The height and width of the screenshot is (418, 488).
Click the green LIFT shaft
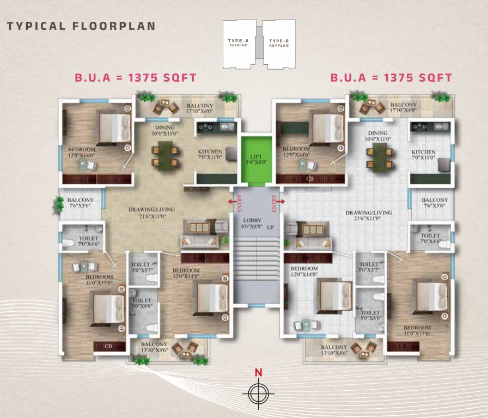[255, 160]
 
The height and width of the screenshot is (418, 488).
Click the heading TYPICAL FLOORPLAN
[81, 26]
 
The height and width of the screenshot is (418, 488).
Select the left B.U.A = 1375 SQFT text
[136, 78]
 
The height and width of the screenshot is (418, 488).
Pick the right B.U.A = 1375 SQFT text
[391, 78]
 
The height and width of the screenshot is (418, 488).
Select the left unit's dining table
[164, 154]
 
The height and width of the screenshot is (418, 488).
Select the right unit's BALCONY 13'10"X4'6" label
[334, 350]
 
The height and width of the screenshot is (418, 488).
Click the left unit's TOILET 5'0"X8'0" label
[142, 303]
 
